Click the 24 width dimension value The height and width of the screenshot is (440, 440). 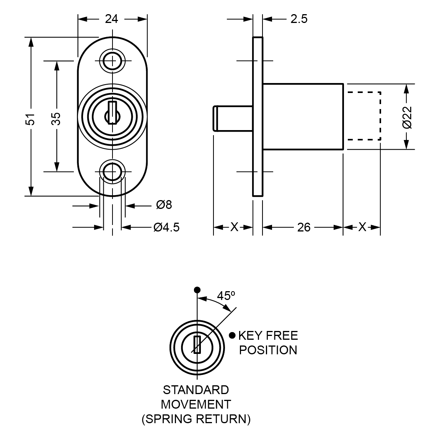coord(111,19)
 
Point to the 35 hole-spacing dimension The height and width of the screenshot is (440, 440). coord(56,118)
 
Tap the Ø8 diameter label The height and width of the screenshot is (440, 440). coord(164,205)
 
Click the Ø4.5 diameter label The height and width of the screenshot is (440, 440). coord(166,227)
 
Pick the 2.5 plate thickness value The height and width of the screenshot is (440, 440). coord(298,19)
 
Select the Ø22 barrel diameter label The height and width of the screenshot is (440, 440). coord(407,117)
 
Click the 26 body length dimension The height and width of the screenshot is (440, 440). coord(303,227)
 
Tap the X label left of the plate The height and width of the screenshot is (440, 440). coord(234,227)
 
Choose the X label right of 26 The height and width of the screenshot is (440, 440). coord(362,227)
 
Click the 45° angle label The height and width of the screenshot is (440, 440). coord(226,296)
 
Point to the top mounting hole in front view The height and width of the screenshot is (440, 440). coord(112,60)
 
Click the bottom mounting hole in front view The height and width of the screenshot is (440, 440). coord(112,171)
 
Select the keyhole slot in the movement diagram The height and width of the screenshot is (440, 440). coord(197,344)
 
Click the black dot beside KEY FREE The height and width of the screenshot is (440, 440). coord(232,336)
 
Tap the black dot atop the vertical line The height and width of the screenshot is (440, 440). coord(197,290)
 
